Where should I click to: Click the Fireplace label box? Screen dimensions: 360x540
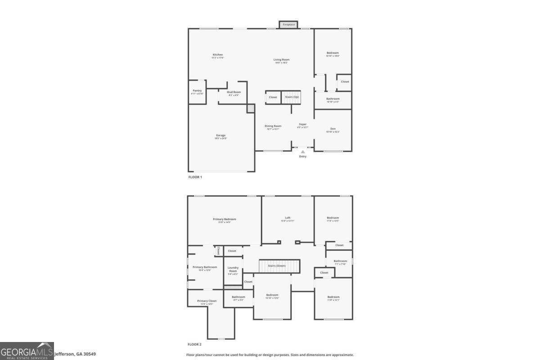(x=288, y=24)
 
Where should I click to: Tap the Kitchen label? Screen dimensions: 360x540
(x=218, y=55)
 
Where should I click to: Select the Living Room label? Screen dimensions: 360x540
(x=281, y=59)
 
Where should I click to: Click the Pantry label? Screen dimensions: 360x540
(x=197, y=90)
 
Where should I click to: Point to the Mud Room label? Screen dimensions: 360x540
(x=234, y=92)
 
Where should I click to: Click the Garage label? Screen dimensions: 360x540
(x=220, y=135)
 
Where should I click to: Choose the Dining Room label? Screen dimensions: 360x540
(x=273, y=126)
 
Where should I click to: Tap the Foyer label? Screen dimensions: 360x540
(x=303, y=124)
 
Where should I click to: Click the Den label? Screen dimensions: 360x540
(x=333, y=129)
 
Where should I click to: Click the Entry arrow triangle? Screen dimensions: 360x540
(x=303, y=152)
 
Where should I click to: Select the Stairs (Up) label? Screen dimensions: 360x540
(x=292, y=97)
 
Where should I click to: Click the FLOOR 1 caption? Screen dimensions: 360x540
(x=195, y=177)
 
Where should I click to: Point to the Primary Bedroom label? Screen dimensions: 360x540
(x=224, y=219)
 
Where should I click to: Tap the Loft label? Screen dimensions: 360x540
(x=288, y=218)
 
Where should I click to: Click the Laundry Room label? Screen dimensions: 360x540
(x=233, y=269)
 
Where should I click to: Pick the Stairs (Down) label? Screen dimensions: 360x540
(x=277, y=266)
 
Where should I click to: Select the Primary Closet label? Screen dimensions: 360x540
(x=207, y=301)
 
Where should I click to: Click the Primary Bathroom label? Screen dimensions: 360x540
(x=205, y=267)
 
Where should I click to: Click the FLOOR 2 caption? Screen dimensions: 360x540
(x=195, y=344)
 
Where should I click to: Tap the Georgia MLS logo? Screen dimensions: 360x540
(x=27, y=351)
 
